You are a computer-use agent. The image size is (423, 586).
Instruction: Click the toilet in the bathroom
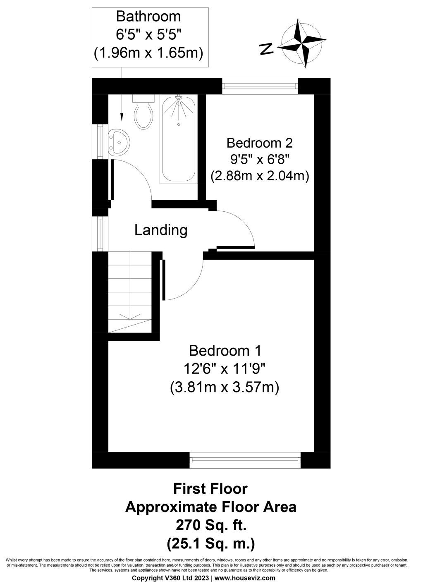143,114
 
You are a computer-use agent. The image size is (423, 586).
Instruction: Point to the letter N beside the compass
267,49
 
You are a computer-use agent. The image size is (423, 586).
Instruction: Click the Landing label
161,230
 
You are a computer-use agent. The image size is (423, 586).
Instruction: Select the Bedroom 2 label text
260,143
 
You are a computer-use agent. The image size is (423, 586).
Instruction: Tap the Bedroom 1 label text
225,351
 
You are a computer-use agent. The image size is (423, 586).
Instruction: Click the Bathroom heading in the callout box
148,17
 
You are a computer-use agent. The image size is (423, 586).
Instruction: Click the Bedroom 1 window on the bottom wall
245,459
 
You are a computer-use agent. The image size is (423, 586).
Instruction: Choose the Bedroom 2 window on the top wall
260,86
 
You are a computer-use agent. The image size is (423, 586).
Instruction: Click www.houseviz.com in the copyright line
245,578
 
